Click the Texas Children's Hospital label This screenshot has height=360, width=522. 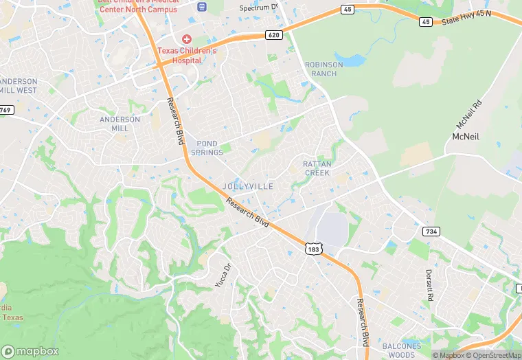click(187, 55)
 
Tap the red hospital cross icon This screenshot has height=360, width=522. click(186, 39)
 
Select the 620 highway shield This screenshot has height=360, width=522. click(274, 34)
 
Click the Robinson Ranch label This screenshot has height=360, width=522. click(323, 69)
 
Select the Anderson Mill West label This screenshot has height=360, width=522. click(19, 86)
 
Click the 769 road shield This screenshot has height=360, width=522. click(5, 110)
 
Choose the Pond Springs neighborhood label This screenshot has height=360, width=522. click(207, 148)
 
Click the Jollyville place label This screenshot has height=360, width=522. click(248, 186)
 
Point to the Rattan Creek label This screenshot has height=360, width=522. click(317, 168)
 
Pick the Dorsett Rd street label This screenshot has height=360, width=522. click(430, 286)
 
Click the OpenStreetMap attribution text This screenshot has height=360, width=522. click(493, 355)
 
